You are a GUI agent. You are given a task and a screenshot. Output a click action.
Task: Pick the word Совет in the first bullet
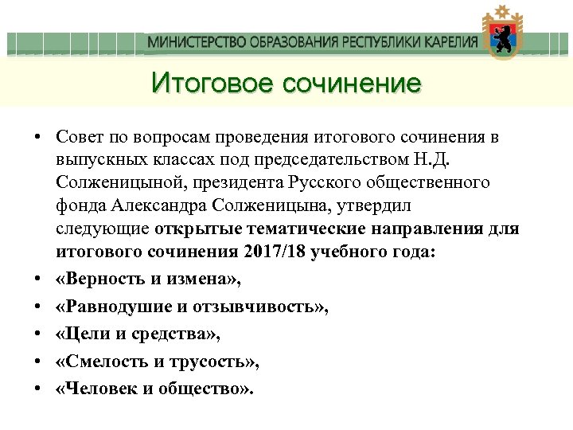coord(78,137)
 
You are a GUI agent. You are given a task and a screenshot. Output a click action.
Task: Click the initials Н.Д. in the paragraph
coord(431,160)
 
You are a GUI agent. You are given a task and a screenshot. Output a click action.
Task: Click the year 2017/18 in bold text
coord(281,252)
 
